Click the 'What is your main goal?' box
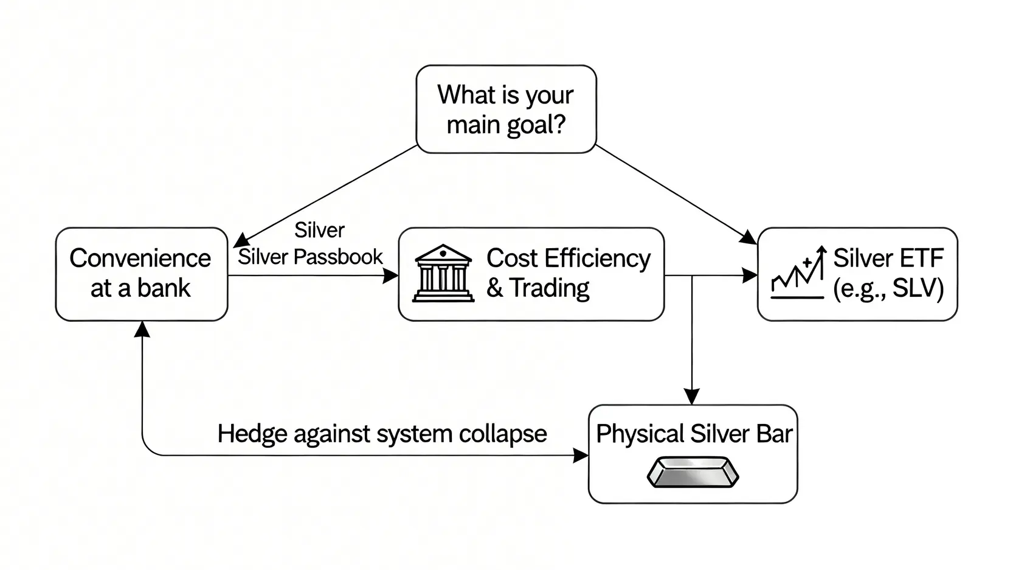coord(506,109)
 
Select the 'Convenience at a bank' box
coord(141,274)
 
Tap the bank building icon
coord(443,274)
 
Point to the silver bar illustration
coord(693,472)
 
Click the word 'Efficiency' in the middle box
coord(597,259)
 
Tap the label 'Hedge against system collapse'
coord(382,434)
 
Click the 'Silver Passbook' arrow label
coord(310,257)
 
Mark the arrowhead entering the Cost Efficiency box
coord(390,276)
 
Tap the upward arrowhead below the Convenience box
coord(142,330)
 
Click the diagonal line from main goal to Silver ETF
coord(675,193)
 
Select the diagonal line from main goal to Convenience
coord(325,195)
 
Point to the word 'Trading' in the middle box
coord(550,288)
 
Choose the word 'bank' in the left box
coord(164,288)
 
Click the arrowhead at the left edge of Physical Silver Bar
coord(581,455)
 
